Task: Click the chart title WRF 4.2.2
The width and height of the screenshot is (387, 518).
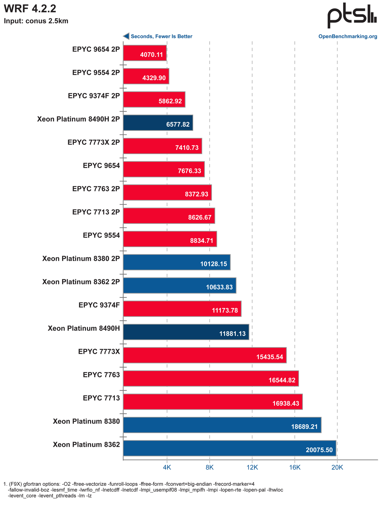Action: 28,9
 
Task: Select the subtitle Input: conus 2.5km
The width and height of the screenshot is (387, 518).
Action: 36,21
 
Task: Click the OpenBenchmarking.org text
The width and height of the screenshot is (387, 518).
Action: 348,36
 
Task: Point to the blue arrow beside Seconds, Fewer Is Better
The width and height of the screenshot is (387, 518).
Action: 126,36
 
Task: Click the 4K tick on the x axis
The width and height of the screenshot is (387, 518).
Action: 167,468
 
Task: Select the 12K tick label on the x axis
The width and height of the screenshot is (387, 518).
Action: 252,468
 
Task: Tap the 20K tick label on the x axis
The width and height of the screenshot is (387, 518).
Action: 337,468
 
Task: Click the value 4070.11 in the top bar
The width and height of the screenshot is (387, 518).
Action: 151,55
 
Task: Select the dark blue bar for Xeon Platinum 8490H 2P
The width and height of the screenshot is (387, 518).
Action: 158,123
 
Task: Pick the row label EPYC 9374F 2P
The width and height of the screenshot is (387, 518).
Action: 94,96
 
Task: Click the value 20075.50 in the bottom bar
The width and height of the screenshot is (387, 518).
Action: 319,450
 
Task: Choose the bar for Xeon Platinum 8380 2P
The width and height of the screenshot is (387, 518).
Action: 177,262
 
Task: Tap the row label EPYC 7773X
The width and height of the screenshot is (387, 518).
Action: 99,352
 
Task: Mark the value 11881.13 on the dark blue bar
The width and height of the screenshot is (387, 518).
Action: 232,334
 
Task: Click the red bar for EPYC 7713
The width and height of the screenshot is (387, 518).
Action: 213,402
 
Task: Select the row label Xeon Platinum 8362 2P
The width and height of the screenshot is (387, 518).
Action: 81,282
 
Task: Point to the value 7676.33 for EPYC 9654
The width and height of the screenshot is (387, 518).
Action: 189,171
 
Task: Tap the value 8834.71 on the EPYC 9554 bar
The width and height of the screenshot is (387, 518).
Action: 202,241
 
